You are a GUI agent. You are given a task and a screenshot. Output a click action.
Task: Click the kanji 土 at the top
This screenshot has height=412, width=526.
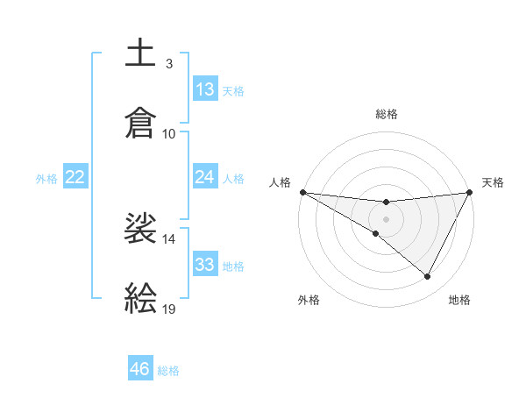(x=141, y=53)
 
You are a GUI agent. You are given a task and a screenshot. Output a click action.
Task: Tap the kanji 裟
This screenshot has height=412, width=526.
(x=141, y=229)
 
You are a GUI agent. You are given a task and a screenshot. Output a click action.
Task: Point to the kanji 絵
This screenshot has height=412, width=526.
(x=141, y=297)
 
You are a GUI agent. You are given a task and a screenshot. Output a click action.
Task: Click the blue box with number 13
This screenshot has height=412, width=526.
(x=205, y=89)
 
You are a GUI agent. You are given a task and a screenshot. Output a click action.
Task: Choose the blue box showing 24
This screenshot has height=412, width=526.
(x=205, y=177)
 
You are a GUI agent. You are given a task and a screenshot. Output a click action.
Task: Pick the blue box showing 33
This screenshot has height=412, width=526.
(x=205, y=265)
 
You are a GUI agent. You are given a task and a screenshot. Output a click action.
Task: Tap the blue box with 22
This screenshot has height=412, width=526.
(x=75, y=177)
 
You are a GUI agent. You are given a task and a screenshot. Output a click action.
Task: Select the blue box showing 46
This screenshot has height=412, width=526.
(x=140, y=369)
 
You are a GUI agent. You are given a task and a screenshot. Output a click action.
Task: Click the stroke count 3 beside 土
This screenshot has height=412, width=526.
(x=168, y=64)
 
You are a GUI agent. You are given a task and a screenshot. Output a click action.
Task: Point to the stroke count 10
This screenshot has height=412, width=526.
(x=169, y=133)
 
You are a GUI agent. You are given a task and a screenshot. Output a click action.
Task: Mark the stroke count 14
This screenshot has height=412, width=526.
(x=169, y=238)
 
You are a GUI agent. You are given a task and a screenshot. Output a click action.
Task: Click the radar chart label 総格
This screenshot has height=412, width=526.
(x=386, y=114)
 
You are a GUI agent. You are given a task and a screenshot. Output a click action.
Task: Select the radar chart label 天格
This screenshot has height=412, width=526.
(x=493, y=182)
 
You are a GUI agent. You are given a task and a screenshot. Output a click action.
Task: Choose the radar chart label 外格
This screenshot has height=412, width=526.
(x=309, y=300)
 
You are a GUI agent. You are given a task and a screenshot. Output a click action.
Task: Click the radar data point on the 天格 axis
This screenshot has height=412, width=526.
(x=470, y=191)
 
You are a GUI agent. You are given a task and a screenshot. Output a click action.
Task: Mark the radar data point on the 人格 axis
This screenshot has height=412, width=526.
(x=302, y=191)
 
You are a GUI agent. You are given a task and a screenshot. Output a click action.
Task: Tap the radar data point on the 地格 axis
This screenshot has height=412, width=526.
(x=428, y=277)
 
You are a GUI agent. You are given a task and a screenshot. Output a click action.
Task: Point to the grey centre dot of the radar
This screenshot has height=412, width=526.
(x=386, y=218)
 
